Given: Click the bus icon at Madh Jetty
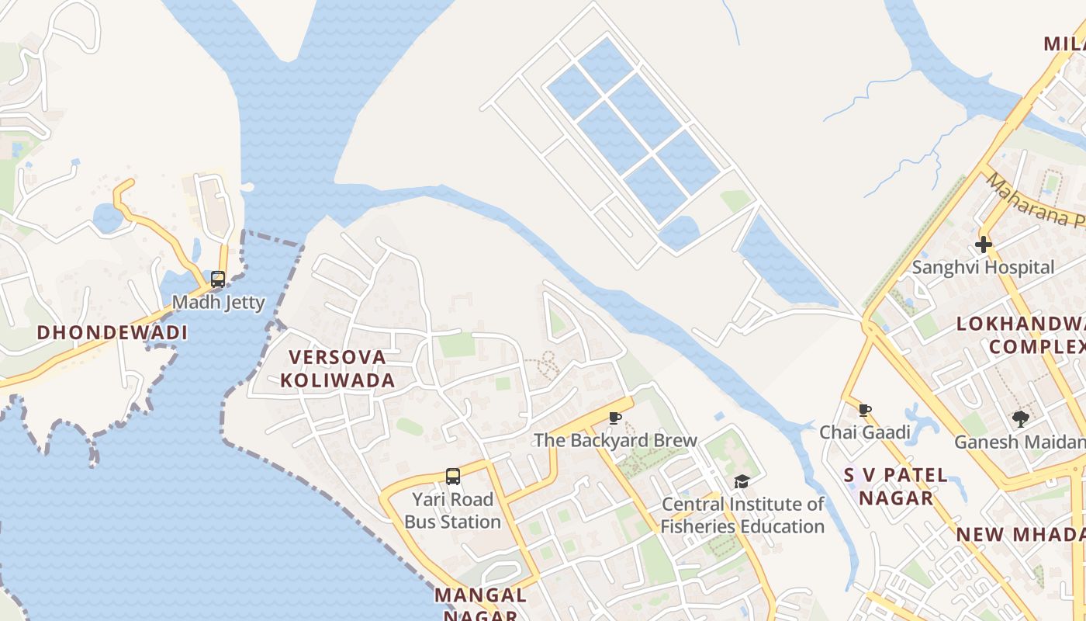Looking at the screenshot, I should pos(218,279).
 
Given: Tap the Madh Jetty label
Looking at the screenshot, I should pos(218,303).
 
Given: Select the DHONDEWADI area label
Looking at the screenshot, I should pos(112,333).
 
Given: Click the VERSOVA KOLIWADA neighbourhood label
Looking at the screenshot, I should pos(337,369).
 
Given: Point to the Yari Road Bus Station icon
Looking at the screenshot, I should pos(453,477).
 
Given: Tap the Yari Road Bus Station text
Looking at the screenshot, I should pos(453,511).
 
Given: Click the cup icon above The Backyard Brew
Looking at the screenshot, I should pos(615,418).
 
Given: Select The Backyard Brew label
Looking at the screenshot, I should pos(615,441).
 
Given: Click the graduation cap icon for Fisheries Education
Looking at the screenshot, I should pos(742,482).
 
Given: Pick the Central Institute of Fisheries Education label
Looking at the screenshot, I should pos(742,515).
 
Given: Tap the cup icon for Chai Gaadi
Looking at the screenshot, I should pos(865,410).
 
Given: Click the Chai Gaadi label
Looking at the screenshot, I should pos(865,432).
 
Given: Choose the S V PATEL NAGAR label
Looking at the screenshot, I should pos(896,487).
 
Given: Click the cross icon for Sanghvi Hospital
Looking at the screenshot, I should pos(983,245).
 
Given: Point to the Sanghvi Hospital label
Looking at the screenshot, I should pos(983,268).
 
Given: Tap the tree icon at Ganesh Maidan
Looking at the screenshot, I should pos(1020,419).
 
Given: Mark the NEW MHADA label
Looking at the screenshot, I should pos(1020,535).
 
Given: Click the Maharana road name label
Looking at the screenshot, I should pos(1036,200).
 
